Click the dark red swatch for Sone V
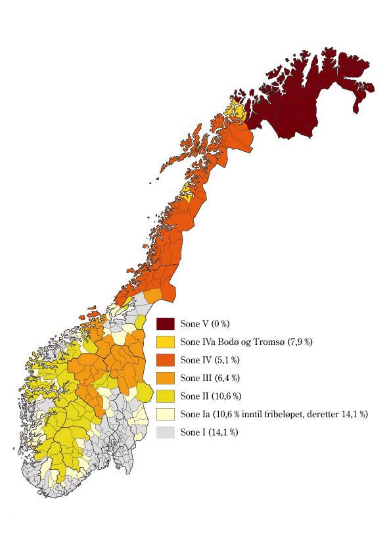point(165,324)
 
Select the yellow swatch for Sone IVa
point(165,342)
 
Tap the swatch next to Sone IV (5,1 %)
point(165,360)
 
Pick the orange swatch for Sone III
point(165,378)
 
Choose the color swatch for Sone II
point(165,396)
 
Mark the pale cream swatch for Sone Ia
point(165,415)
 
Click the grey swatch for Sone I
point(165,432)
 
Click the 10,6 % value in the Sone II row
point(225,396)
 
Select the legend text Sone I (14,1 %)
point(206,432)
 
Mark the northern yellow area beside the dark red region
point(237,110)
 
